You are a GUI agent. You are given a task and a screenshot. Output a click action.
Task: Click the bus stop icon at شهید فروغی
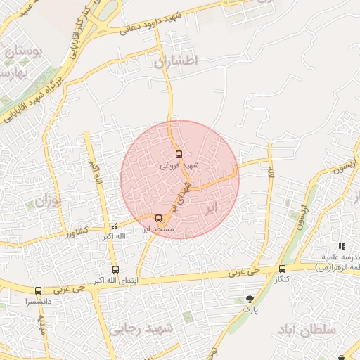click(x=179, y=154)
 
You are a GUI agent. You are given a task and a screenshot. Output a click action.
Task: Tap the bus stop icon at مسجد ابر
click(x=158, y=218)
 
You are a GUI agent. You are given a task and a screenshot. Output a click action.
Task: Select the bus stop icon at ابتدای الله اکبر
click(x=115, y=269)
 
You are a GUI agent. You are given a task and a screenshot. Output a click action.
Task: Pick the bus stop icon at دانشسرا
click(x=38, y=290)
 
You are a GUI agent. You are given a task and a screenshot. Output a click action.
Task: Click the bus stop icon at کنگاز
click(x=282, y=269)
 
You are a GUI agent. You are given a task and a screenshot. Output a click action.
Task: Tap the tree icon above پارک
click(x=250, y=299)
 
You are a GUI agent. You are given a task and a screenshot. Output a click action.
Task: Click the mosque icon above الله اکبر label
click(x=114, y=227)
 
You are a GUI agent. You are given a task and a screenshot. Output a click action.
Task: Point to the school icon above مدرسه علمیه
click(x=342, y=246)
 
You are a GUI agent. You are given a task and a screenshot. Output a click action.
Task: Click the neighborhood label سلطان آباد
click(x=307, y=329)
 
